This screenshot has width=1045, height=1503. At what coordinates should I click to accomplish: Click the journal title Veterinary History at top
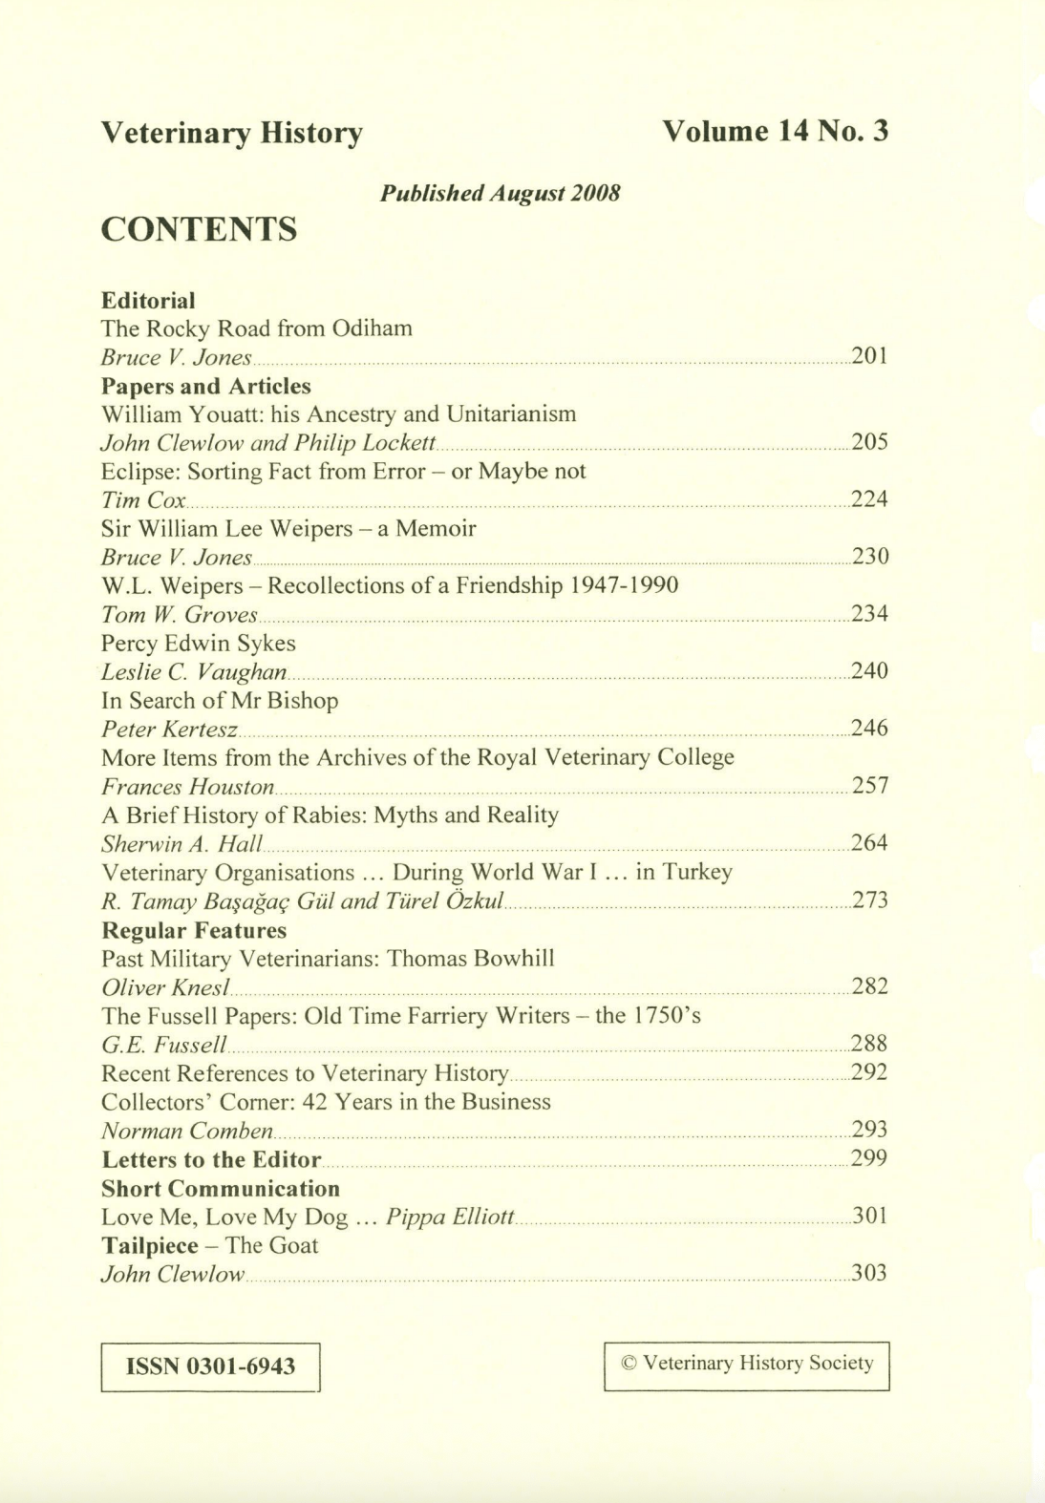[232, 133]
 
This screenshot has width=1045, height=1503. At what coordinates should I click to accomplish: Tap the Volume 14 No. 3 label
[775, 131]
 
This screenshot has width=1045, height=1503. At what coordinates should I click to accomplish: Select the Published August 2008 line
[501, 193]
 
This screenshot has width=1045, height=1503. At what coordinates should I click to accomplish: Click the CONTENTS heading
[199, 230]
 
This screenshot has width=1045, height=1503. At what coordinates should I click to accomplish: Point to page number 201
[869, 356]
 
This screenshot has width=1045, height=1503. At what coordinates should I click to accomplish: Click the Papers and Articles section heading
[206, 386]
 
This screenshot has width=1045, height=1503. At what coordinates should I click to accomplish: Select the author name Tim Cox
[143, 500]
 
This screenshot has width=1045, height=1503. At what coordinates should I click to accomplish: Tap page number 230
[869, 557]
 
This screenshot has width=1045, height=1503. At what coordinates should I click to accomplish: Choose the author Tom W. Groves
[180, 615]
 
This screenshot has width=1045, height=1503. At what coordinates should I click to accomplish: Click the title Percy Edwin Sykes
[199, 643]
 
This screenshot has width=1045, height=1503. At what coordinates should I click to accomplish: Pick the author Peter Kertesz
[169, 730]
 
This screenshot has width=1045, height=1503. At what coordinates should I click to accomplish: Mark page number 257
[869, 786]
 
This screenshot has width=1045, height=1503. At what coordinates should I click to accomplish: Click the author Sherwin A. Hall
[181, 844]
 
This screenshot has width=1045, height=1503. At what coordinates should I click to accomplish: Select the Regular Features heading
[194, 930]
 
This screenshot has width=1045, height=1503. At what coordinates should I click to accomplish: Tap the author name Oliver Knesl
[164, 987]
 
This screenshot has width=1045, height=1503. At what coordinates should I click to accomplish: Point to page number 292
[869, 1072]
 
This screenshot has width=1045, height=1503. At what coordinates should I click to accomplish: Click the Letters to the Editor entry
[211, 1159]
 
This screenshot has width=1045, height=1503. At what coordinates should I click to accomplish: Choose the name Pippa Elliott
[450, 1217]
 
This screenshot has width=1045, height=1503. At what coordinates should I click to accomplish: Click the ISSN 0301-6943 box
[210, 1366]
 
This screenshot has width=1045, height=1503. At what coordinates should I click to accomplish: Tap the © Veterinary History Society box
[746, 1365]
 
